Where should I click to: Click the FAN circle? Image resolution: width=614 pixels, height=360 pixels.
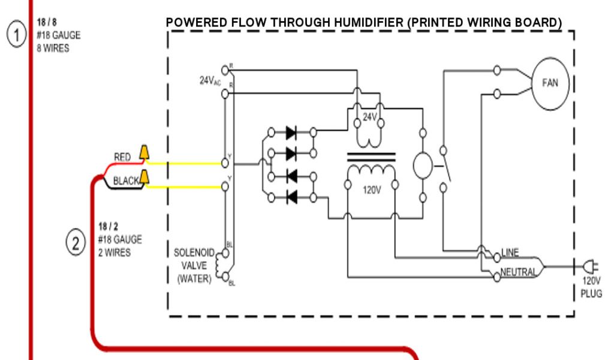pyautogui.click(x=549, y=83)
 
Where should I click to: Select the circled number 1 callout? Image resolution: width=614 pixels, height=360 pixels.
pyautogui.click(x=16, y=35)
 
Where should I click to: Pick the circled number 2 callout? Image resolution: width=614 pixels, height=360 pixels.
pyautogui.click(x=76, y=243)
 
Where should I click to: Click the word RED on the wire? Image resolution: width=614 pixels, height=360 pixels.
pyautogui.click(x=122, y=157)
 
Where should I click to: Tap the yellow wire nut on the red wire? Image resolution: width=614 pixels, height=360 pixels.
pyautogui.click(x=145, y=153)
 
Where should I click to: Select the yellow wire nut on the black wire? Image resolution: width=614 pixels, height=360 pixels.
pyautogui.click(x=145, y=178)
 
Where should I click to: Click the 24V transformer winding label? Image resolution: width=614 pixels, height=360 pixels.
pyautogui.click(x=371, y=118)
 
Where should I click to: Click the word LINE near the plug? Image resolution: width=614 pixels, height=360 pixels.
pyautogui.click(x=510, y=252)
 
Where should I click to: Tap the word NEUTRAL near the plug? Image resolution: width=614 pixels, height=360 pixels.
pyautogui.click(x=519, y=272)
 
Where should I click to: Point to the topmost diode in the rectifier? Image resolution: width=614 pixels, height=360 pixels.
pyautogui.click(x=292, y=131)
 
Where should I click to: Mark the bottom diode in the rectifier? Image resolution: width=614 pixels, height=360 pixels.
pyautogui.click(x=292, y=197)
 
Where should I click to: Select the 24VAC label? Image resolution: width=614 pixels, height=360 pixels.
pyautogui.click(x=210, y=80)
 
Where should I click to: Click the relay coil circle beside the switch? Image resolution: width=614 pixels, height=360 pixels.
pyautogui.click(x=423, y=166)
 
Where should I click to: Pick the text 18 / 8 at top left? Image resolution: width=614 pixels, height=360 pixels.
pyautogui.click(x=46, y=22)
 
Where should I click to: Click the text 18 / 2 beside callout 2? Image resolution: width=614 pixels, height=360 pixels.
pyautogui.click(x=108, y=226)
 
